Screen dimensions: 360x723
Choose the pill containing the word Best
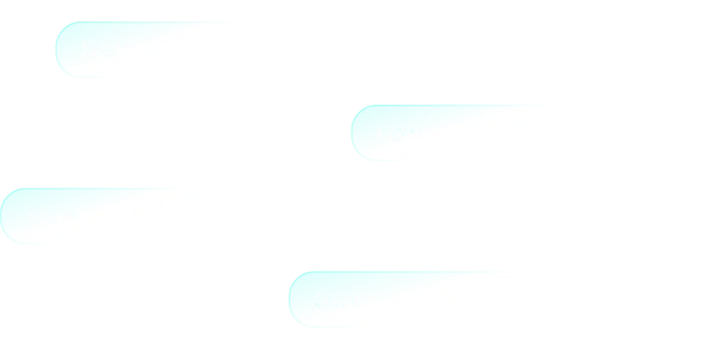click(223, 50)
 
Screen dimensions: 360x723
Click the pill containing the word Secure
click(505, 299)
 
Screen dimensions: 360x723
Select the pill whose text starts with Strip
click(179, 217)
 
